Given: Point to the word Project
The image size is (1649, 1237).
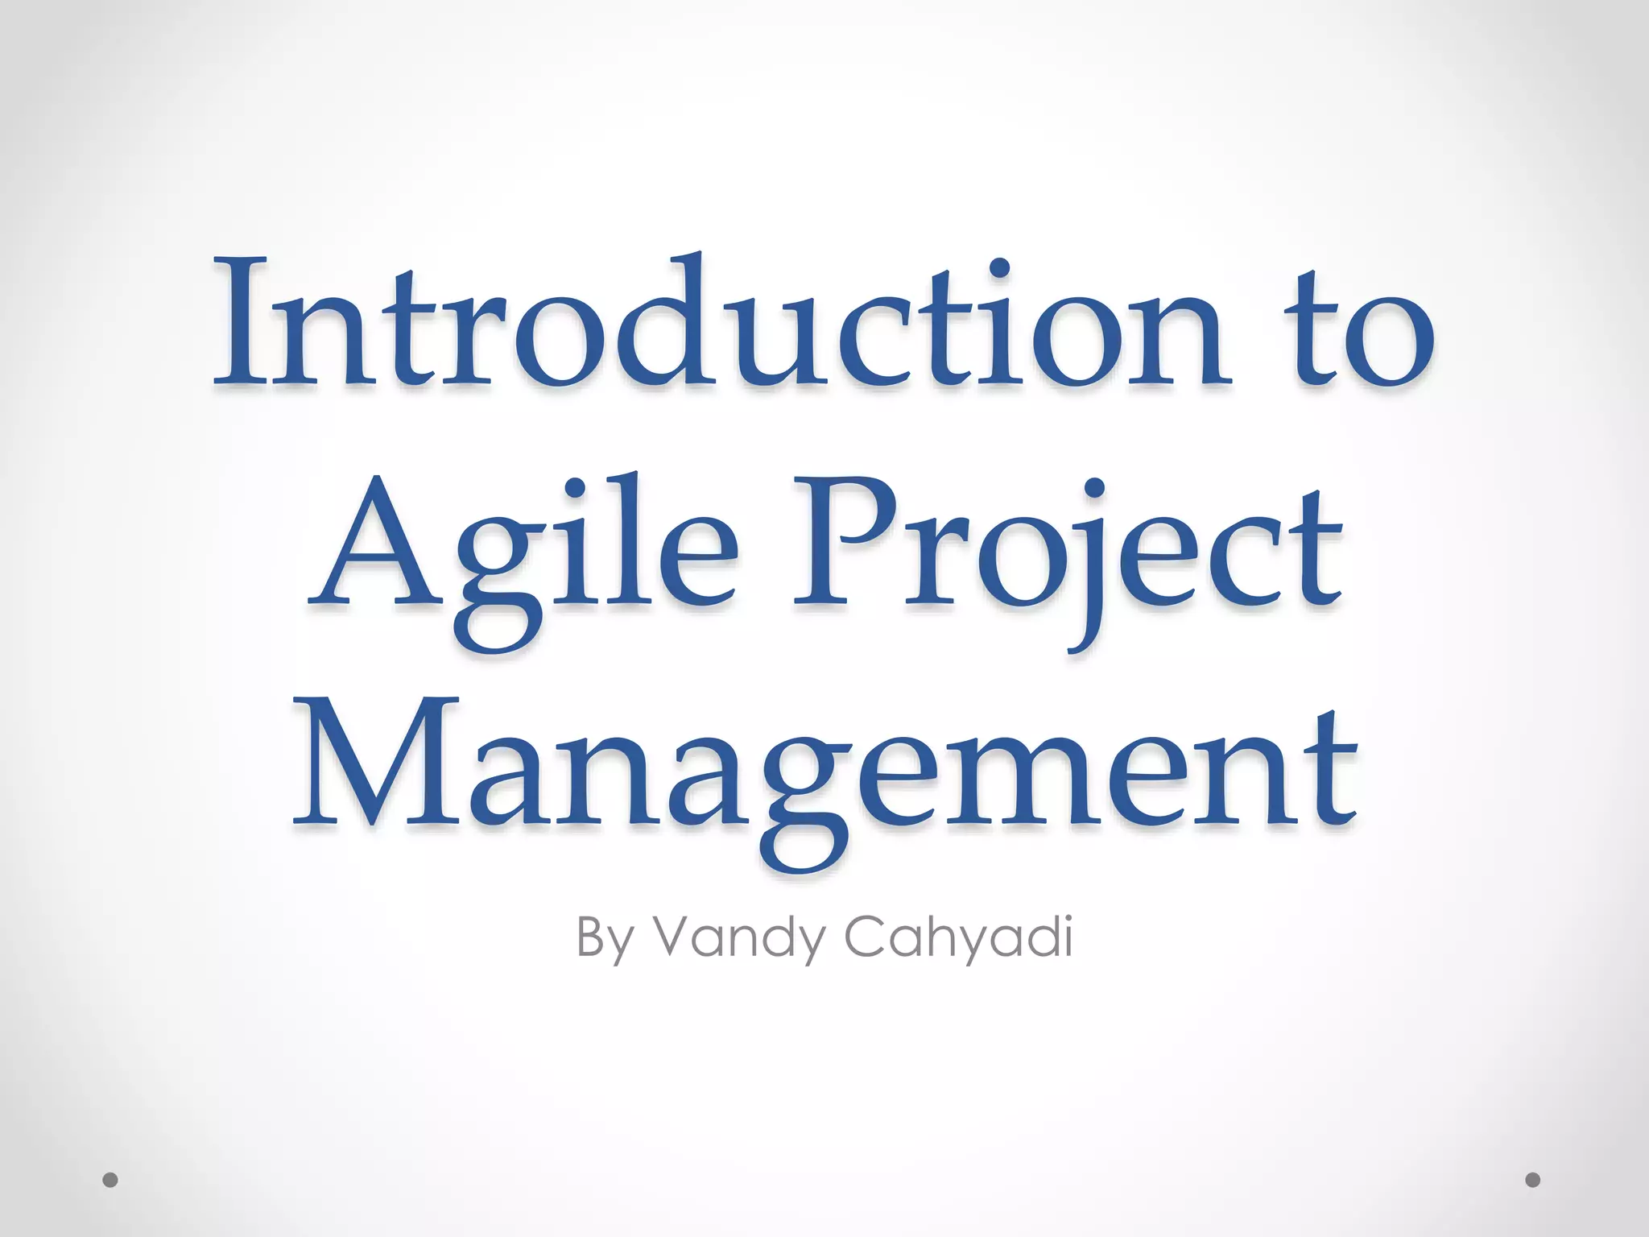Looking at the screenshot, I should tap(1067, 548).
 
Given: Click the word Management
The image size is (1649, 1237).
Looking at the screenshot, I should tap(824, 765).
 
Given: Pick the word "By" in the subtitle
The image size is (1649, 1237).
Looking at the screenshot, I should tap(605, 939).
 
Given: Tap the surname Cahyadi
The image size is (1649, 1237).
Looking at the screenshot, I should tap(958, 939).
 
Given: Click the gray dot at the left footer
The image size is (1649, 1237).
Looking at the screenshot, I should tap(110, 1180).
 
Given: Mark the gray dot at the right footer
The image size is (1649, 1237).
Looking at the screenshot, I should tap(1533, 1180).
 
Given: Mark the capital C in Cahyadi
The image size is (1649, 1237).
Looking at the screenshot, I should tap(865, 937).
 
